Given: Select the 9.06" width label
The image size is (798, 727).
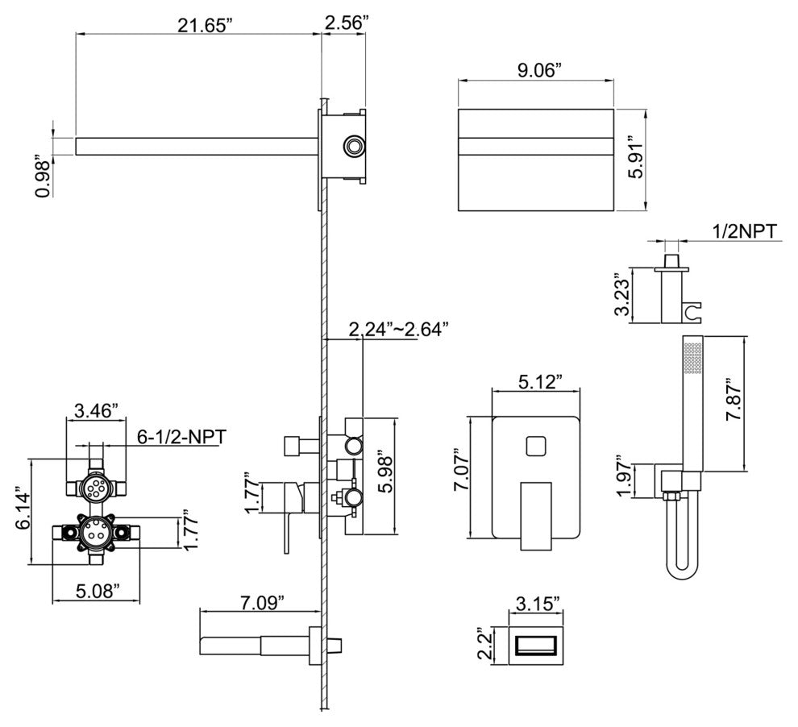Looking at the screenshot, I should pyautogui.click(x=538, y=69).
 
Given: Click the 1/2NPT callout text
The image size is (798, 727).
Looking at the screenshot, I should pyautogui.click(x=744, y=231).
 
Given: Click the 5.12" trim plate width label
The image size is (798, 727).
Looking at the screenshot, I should pyautogui.click(x=535, y=380).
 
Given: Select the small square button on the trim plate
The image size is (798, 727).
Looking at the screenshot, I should pyautogui.click(x=536, y=447).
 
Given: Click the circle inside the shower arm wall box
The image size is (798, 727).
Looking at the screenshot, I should pyautogui.click(x=354, y=145).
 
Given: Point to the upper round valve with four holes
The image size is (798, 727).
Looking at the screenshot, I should pyautogui.click(x=98, y=486).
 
